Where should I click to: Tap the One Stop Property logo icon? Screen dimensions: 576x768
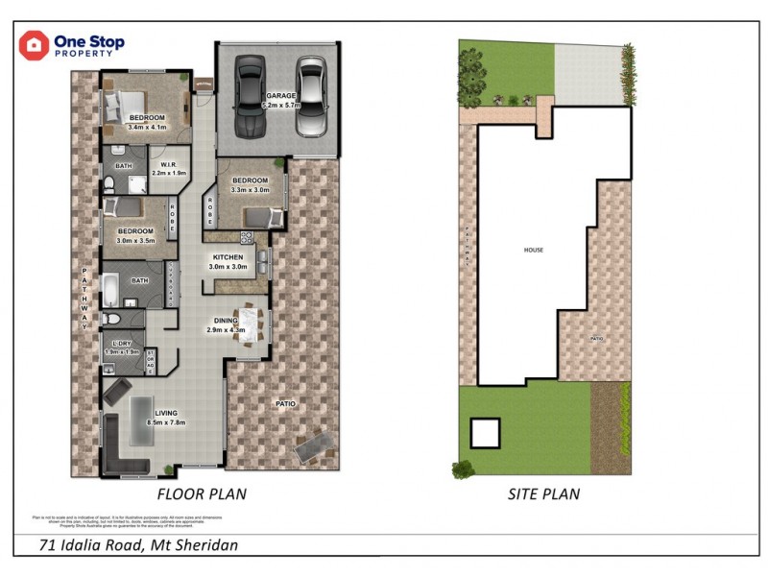click(34, 45)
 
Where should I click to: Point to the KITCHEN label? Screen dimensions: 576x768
click(228, 257)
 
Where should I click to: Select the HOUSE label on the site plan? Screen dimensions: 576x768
click(534, 250)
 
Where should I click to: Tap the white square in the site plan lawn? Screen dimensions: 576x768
click(484, 433)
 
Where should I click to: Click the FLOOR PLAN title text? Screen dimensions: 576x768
click(202, 494)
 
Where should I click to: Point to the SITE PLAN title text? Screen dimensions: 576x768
click(543, 494)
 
